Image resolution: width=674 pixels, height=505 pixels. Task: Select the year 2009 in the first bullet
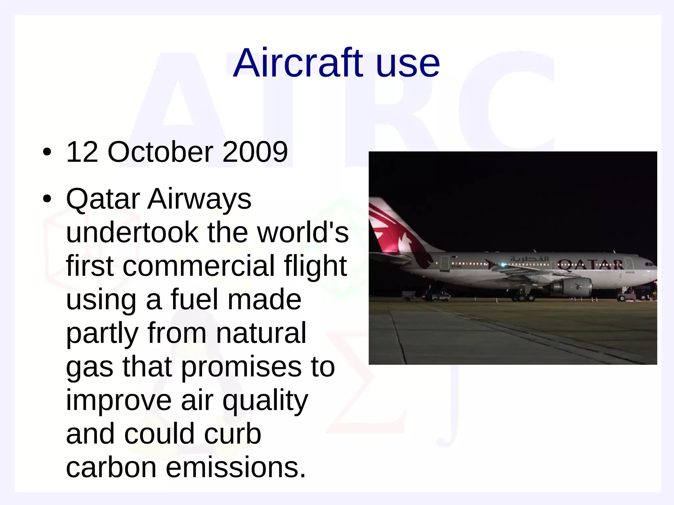(x=255, y=152)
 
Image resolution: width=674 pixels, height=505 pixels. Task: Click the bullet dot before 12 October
(x=47, y=152)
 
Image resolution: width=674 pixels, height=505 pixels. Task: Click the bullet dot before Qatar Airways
(x=47, y=199)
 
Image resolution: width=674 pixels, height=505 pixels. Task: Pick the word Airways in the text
(x=199, y=199)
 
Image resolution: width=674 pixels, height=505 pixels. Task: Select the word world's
(x=302, y=233)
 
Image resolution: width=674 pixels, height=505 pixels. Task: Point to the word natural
(x=261, y=333)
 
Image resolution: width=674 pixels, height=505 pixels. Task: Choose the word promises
(x=241, y=367)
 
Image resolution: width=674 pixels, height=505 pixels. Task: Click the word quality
(x=265, y=401)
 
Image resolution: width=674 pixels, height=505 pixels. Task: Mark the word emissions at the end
(x=236, y=468)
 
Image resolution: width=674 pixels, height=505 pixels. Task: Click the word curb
(x=232, y=434)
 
